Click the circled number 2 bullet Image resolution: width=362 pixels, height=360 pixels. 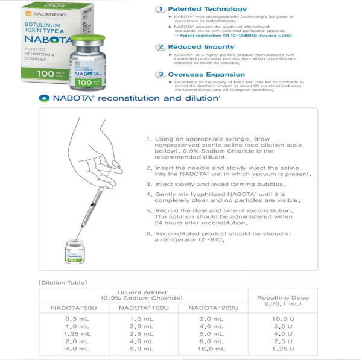(x=160, y=46)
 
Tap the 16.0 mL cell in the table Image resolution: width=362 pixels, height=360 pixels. (x=212, y=349)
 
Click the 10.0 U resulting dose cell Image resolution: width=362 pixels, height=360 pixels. (x=282, y=318)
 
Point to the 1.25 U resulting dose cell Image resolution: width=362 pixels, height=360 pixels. (x=282, y=349)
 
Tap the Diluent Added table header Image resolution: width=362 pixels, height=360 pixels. (x=143, y=295)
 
